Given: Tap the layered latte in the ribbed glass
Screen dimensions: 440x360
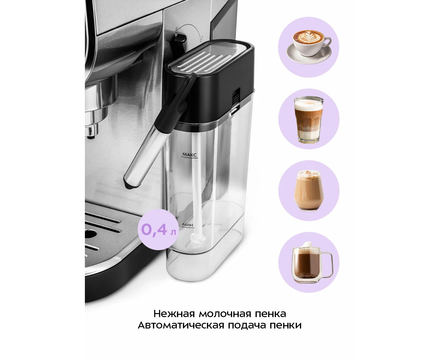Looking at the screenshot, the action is coord(309,120).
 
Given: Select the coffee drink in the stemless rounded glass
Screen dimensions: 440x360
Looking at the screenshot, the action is coord(309,190).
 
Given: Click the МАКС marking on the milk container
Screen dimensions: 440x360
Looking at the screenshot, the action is coord(190,154).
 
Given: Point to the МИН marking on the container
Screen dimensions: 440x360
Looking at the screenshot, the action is coord(187,225).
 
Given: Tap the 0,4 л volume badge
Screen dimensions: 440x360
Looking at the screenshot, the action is coord(158,230).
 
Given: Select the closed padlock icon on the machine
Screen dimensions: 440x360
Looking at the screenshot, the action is coord(176,30).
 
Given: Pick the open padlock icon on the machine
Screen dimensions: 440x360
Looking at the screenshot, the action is coord(202,38).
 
